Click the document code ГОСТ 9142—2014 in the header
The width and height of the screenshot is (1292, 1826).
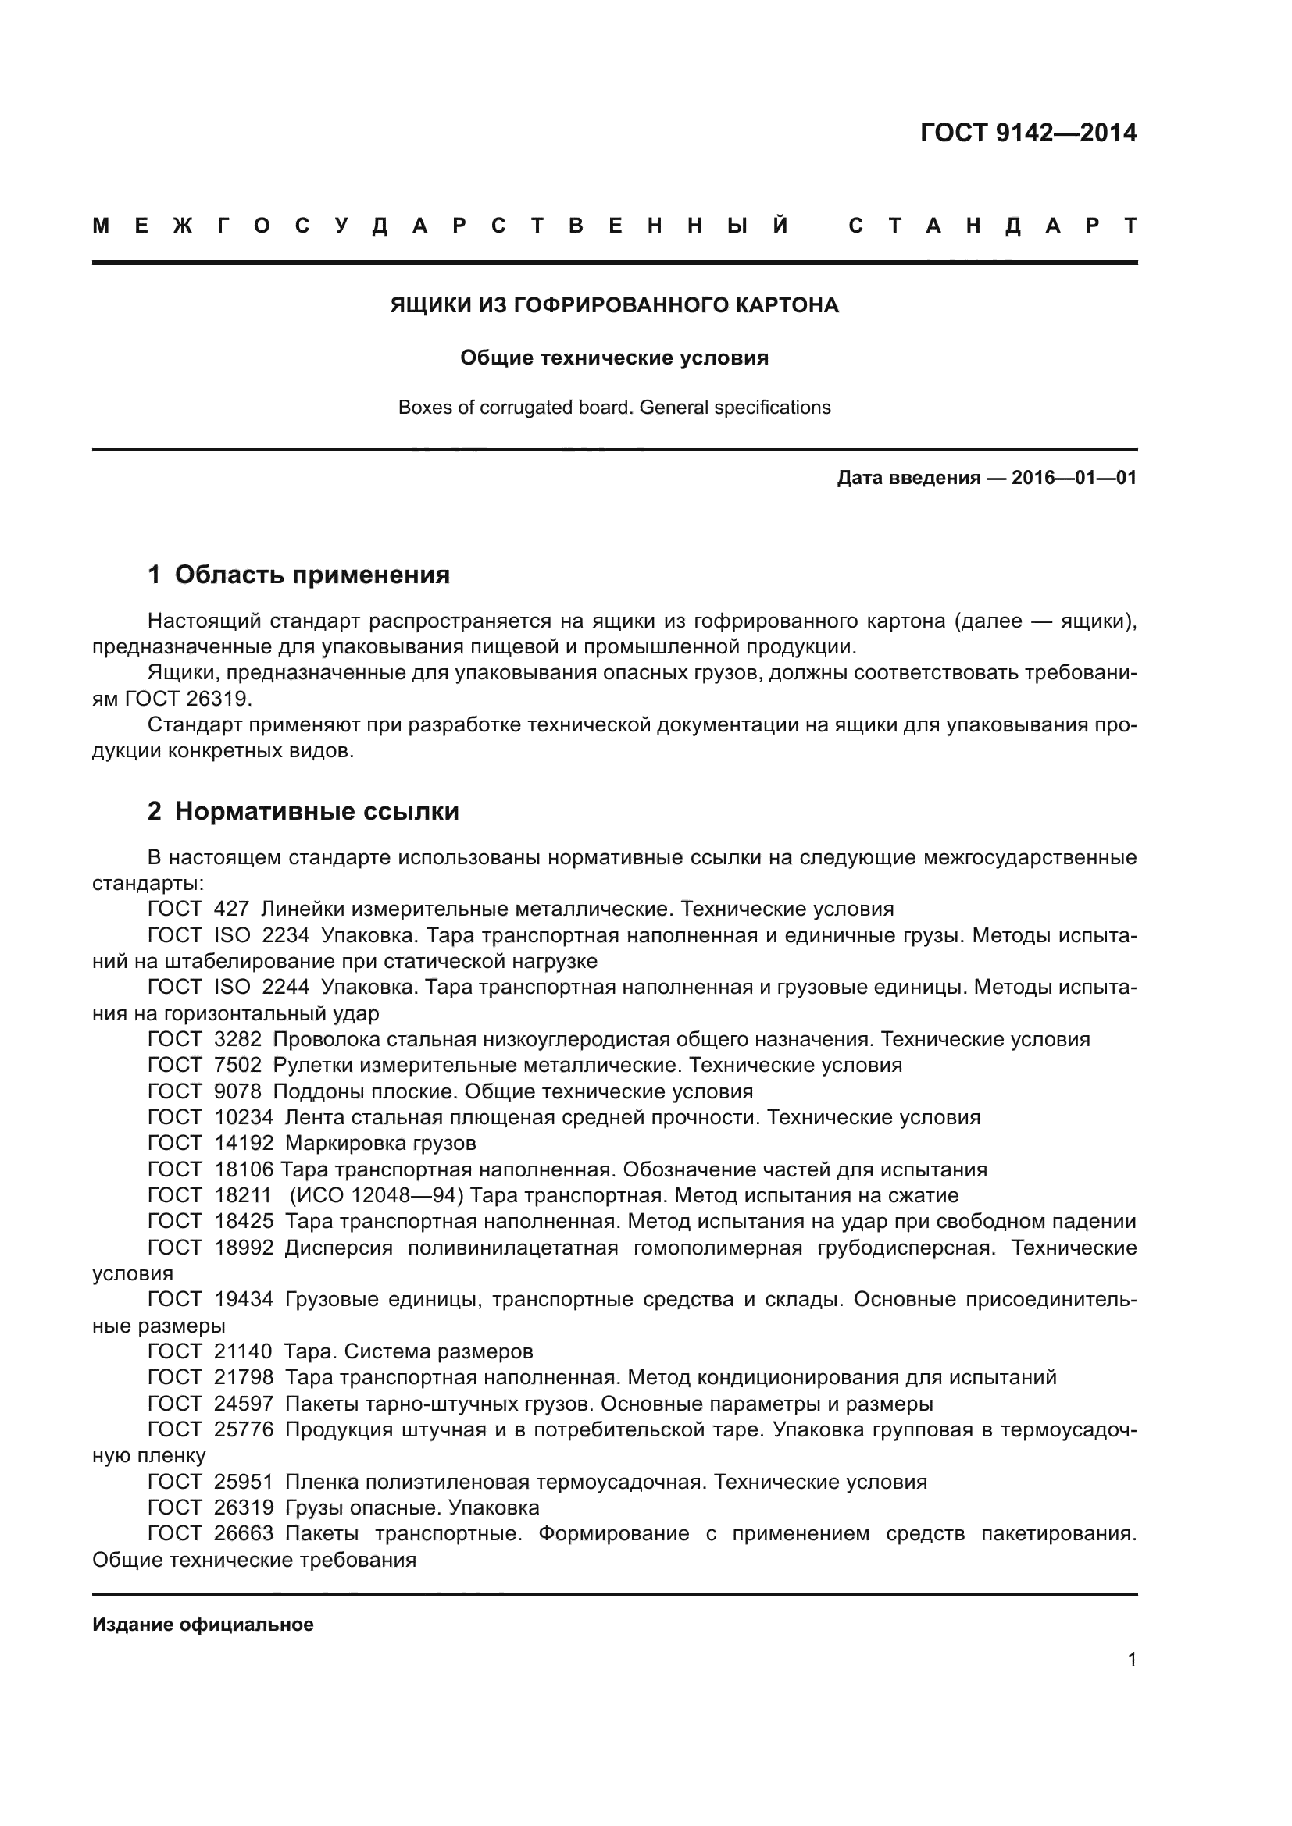1028,132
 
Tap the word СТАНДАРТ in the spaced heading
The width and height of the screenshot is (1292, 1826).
993,226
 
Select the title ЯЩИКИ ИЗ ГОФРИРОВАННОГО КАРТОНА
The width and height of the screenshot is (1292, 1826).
614,305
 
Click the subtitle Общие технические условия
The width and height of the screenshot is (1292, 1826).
614,358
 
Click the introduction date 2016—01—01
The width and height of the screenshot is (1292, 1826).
1073,478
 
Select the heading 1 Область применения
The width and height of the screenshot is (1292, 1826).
299,575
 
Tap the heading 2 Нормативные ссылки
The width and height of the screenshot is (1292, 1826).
303,811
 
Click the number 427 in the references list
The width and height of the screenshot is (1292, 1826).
231,909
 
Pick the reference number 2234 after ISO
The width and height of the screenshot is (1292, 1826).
286,935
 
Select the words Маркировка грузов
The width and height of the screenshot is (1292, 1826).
380,1144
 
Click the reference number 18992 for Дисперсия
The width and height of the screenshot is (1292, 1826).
244,1248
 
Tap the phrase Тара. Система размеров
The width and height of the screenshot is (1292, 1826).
409,1351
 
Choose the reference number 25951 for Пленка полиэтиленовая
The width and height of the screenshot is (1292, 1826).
244,1482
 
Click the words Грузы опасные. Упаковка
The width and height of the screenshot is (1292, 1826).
412,1508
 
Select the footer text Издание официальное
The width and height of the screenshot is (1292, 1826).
203,1625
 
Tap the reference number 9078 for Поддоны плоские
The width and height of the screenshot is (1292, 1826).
238,1091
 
